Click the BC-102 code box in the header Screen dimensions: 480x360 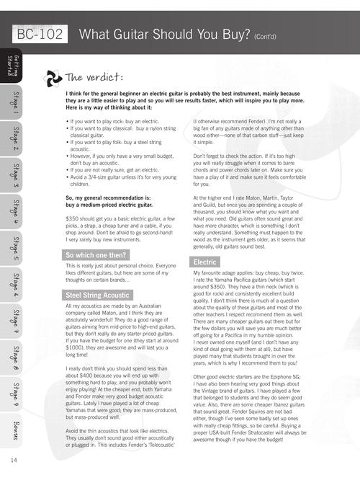(40, 34)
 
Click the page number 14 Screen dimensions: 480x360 (14, 460)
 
